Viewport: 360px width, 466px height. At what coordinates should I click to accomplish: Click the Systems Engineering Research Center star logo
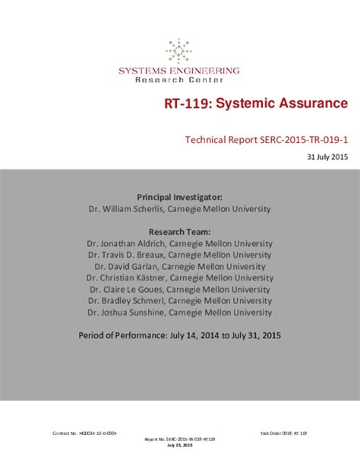coord(179,51)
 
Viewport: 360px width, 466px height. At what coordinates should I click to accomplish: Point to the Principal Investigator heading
coord(179,196)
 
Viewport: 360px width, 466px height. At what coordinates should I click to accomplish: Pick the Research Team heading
coord(179,231)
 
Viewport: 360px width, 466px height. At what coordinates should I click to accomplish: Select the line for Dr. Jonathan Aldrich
coord(180,243)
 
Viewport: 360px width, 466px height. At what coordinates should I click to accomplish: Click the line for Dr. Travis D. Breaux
coord(180,255)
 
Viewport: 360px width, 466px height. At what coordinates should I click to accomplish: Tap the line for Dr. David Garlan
coord(180,266)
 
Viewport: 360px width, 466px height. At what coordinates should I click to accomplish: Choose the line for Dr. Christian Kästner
coord(180,277)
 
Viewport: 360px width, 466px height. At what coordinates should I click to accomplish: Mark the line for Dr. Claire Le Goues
coord(180,289)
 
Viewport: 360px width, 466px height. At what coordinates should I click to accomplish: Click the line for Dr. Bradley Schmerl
coord(180,300)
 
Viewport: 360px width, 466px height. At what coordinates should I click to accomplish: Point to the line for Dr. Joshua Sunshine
coord(180,312)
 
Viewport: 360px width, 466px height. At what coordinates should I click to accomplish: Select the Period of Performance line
coord(180,334)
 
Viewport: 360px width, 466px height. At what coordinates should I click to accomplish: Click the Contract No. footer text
coord(84,433)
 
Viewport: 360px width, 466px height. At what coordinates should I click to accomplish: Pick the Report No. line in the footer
coord(180,439)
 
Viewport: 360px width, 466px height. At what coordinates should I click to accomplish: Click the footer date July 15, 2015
coord(180,445)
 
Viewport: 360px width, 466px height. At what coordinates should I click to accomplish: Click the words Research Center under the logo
coord(179,80)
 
